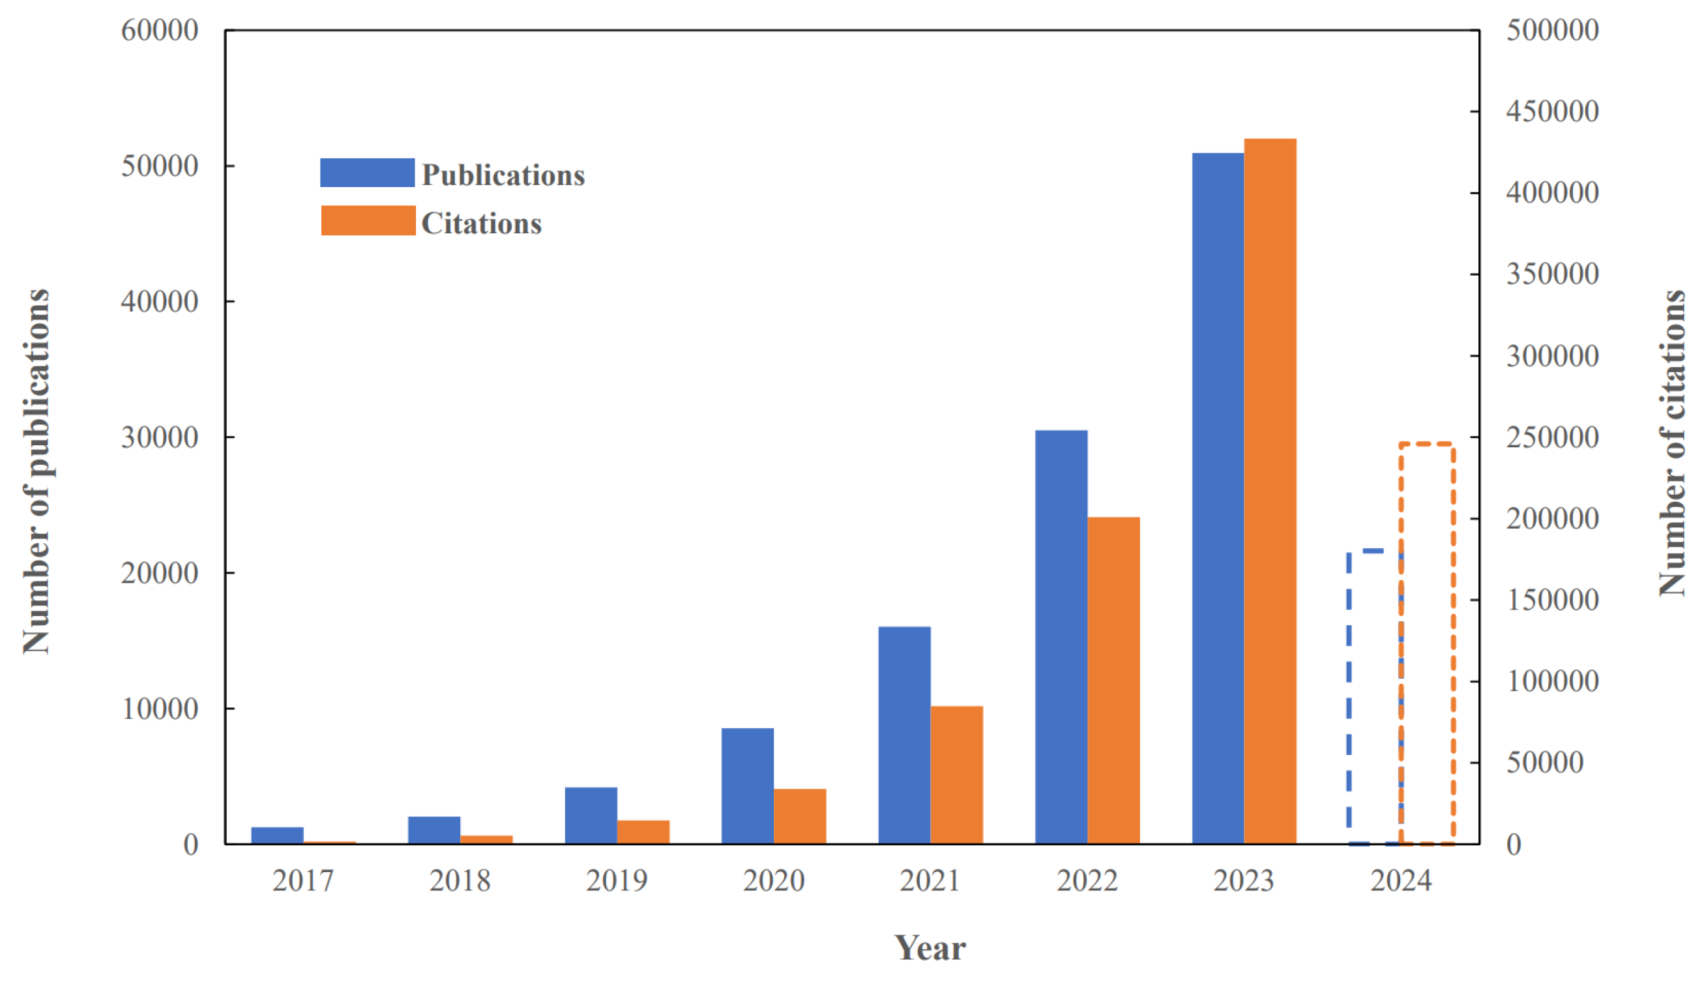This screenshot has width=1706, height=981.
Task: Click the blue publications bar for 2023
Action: [1218, 499]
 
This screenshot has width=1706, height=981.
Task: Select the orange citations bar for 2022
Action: [1113, 681]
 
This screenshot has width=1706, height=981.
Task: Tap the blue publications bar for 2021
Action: [904, 735]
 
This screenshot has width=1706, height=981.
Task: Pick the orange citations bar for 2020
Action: [800, 816]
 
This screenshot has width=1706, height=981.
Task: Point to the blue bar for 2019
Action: [591, 815]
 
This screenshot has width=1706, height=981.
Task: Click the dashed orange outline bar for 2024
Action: [1426, 643]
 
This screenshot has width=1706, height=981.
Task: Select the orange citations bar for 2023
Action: [1270, 492]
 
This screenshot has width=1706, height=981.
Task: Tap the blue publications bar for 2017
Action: [277, 836]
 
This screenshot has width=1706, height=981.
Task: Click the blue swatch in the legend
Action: [367, 173]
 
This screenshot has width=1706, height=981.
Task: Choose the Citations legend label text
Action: [481, 224]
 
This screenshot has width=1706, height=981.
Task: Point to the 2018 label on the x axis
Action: [460, 881]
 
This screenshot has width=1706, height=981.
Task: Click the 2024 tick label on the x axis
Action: [1401, 881]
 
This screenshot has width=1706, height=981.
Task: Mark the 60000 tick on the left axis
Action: [160, 31]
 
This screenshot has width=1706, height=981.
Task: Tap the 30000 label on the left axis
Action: [160, 437]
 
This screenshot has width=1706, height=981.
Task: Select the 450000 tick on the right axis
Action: [1552, 111]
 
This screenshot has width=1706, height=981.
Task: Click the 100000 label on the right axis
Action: [1552, 681]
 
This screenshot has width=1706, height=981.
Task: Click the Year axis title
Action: [930, 948]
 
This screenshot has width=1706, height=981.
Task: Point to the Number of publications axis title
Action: [36, 472]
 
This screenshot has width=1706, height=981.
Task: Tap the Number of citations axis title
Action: [1671, 443]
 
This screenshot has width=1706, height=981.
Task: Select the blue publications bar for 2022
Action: [1061, 637]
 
